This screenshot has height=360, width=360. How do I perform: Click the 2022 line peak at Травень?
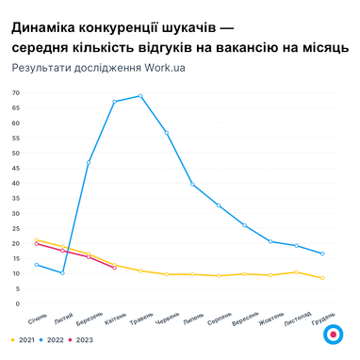(x=140, y=95)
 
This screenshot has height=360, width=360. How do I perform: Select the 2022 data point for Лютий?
(x=62, y=272)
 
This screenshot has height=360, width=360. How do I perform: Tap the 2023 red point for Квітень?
(x=114, y=268)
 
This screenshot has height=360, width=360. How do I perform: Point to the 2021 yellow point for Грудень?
(x=322, y=278)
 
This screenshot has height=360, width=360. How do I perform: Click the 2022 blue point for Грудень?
(x=322, y=254)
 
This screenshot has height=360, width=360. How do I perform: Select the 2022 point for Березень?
(x=89, y=162)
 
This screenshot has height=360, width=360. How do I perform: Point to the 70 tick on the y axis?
(x=15, y=92)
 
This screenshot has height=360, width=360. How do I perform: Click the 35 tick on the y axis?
(x=15, y=198)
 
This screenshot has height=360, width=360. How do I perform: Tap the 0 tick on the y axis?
(x=17, y=303)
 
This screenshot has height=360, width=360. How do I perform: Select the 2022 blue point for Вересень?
(x=244, y=225)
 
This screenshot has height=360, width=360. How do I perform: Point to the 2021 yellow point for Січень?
(x=36, y=240)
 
